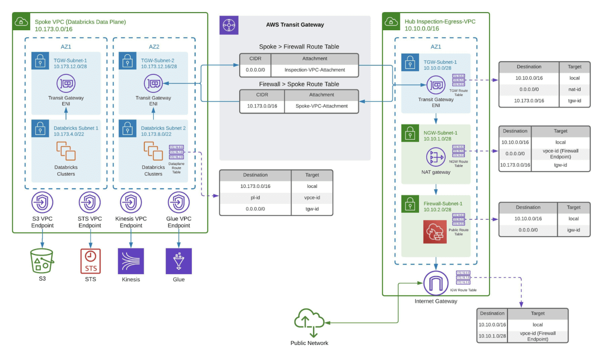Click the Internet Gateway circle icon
(x=436, y=284)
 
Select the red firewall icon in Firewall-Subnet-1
(x=435, y=231)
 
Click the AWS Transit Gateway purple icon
(x=229, y=25)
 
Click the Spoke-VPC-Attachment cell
(x=321, y=106)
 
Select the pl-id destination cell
(x=255, y=197)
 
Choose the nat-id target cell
(x=574, y=89)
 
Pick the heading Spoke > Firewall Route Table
(x=299, y=47)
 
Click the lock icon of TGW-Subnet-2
(x=127, y=62)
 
